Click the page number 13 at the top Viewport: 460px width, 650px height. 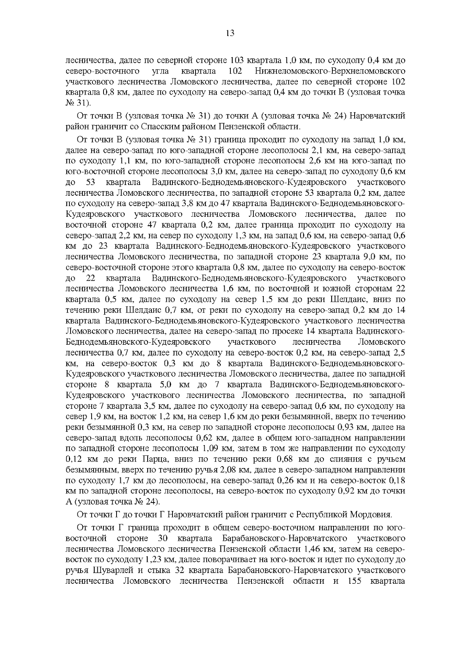point(230,33)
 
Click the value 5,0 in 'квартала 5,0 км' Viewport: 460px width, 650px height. point(164,384)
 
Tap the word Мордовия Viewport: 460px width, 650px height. point(372,514)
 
